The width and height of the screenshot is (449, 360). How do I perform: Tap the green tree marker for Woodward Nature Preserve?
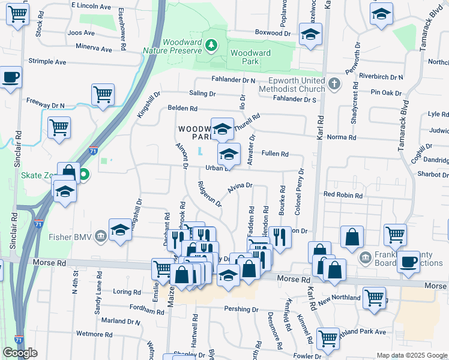pos(211,44)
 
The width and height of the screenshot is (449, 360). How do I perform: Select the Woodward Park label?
pos(250,57)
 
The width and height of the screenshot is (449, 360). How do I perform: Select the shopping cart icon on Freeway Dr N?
pos(59,127)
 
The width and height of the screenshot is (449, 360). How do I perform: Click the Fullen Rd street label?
pos(275,154)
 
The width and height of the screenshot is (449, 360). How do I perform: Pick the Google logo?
pos(20,353)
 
